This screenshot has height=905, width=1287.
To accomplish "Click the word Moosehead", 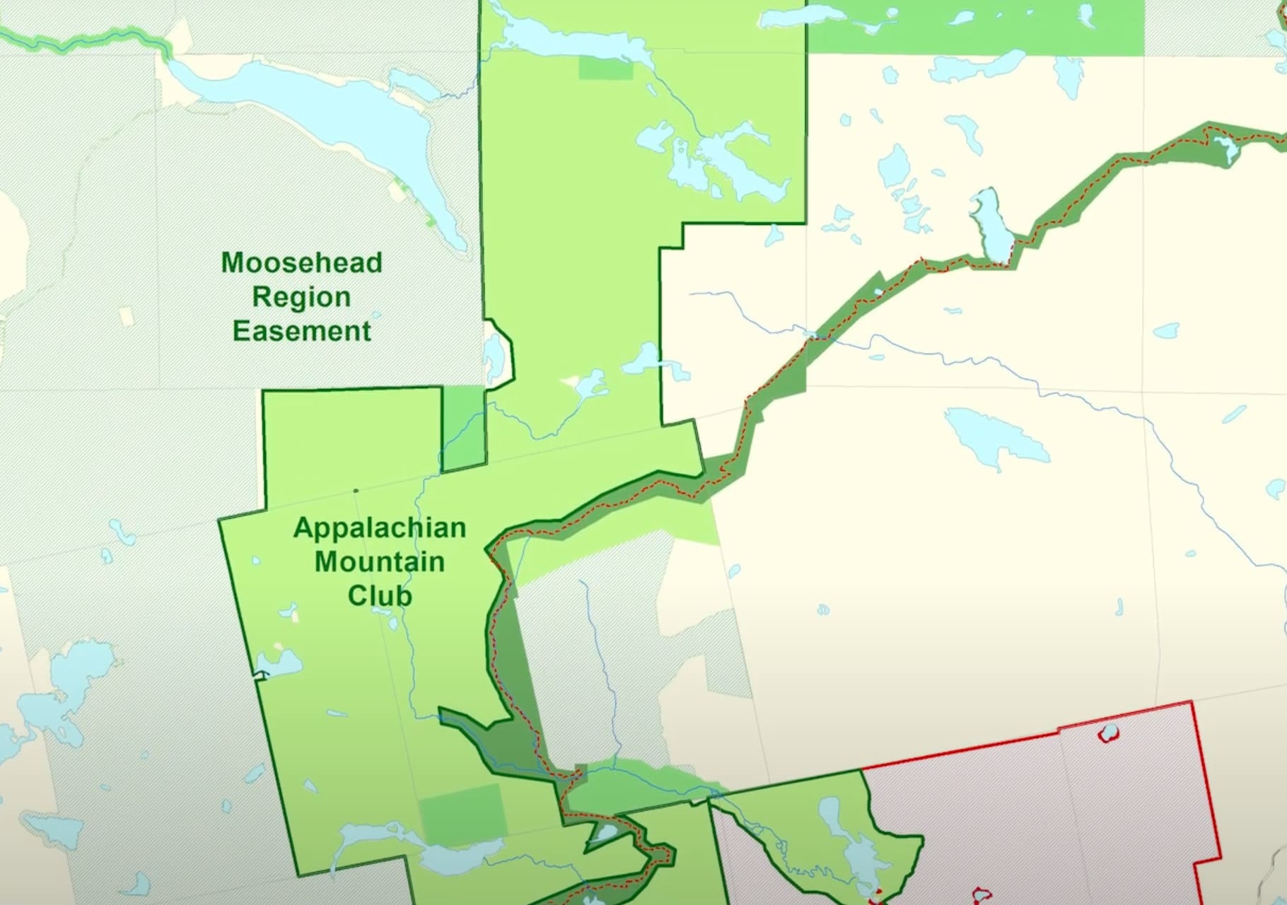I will coord(301,263).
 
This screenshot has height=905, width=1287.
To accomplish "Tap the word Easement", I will coord(301,331).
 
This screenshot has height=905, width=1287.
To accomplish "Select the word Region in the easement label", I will coord(301,297).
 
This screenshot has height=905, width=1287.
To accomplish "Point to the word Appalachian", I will coord(379,527).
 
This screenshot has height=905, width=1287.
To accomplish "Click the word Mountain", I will coord(379,562).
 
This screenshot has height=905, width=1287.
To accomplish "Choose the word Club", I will coord(379,596).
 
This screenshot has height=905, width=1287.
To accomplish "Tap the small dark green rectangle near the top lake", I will coord(605,68).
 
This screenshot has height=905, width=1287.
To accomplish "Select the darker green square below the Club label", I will coord(462,813).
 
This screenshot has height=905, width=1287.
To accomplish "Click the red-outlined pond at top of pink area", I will coord(1109,732).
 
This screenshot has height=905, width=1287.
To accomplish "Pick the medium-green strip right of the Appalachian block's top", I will coord(464,428).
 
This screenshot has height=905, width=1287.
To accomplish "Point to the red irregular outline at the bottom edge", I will coord(982,895).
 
